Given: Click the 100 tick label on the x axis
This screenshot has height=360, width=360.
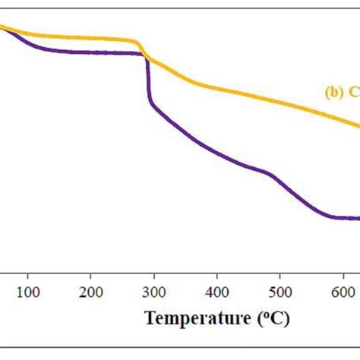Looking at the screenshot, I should coord(28,292).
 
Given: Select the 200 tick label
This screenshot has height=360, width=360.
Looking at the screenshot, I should coord(91,292).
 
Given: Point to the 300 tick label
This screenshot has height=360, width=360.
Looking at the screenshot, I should coord(154,292).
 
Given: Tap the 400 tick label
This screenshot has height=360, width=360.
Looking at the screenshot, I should coord(217,292).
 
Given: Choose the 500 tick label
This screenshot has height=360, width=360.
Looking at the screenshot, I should coord(280,292).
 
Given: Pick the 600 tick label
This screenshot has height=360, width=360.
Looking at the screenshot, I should coord(343,292).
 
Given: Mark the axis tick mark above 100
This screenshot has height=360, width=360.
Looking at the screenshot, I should coord(28,276).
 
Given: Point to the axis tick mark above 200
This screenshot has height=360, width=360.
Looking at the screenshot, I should coord(91,276).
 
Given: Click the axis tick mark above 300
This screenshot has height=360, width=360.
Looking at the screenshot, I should coord(154,276).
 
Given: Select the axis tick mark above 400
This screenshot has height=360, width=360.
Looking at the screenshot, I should coord(217,276).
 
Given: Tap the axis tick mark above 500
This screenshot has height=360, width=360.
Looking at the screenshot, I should coord(280,276).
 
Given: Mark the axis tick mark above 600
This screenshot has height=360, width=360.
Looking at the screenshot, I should coord(343,276).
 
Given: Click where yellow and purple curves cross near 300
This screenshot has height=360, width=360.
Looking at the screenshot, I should coord(145,57).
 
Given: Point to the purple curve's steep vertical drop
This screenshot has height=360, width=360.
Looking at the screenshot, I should coord(147,84).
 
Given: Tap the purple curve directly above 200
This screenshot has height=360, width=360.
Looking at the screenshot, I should coord(91,52).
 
